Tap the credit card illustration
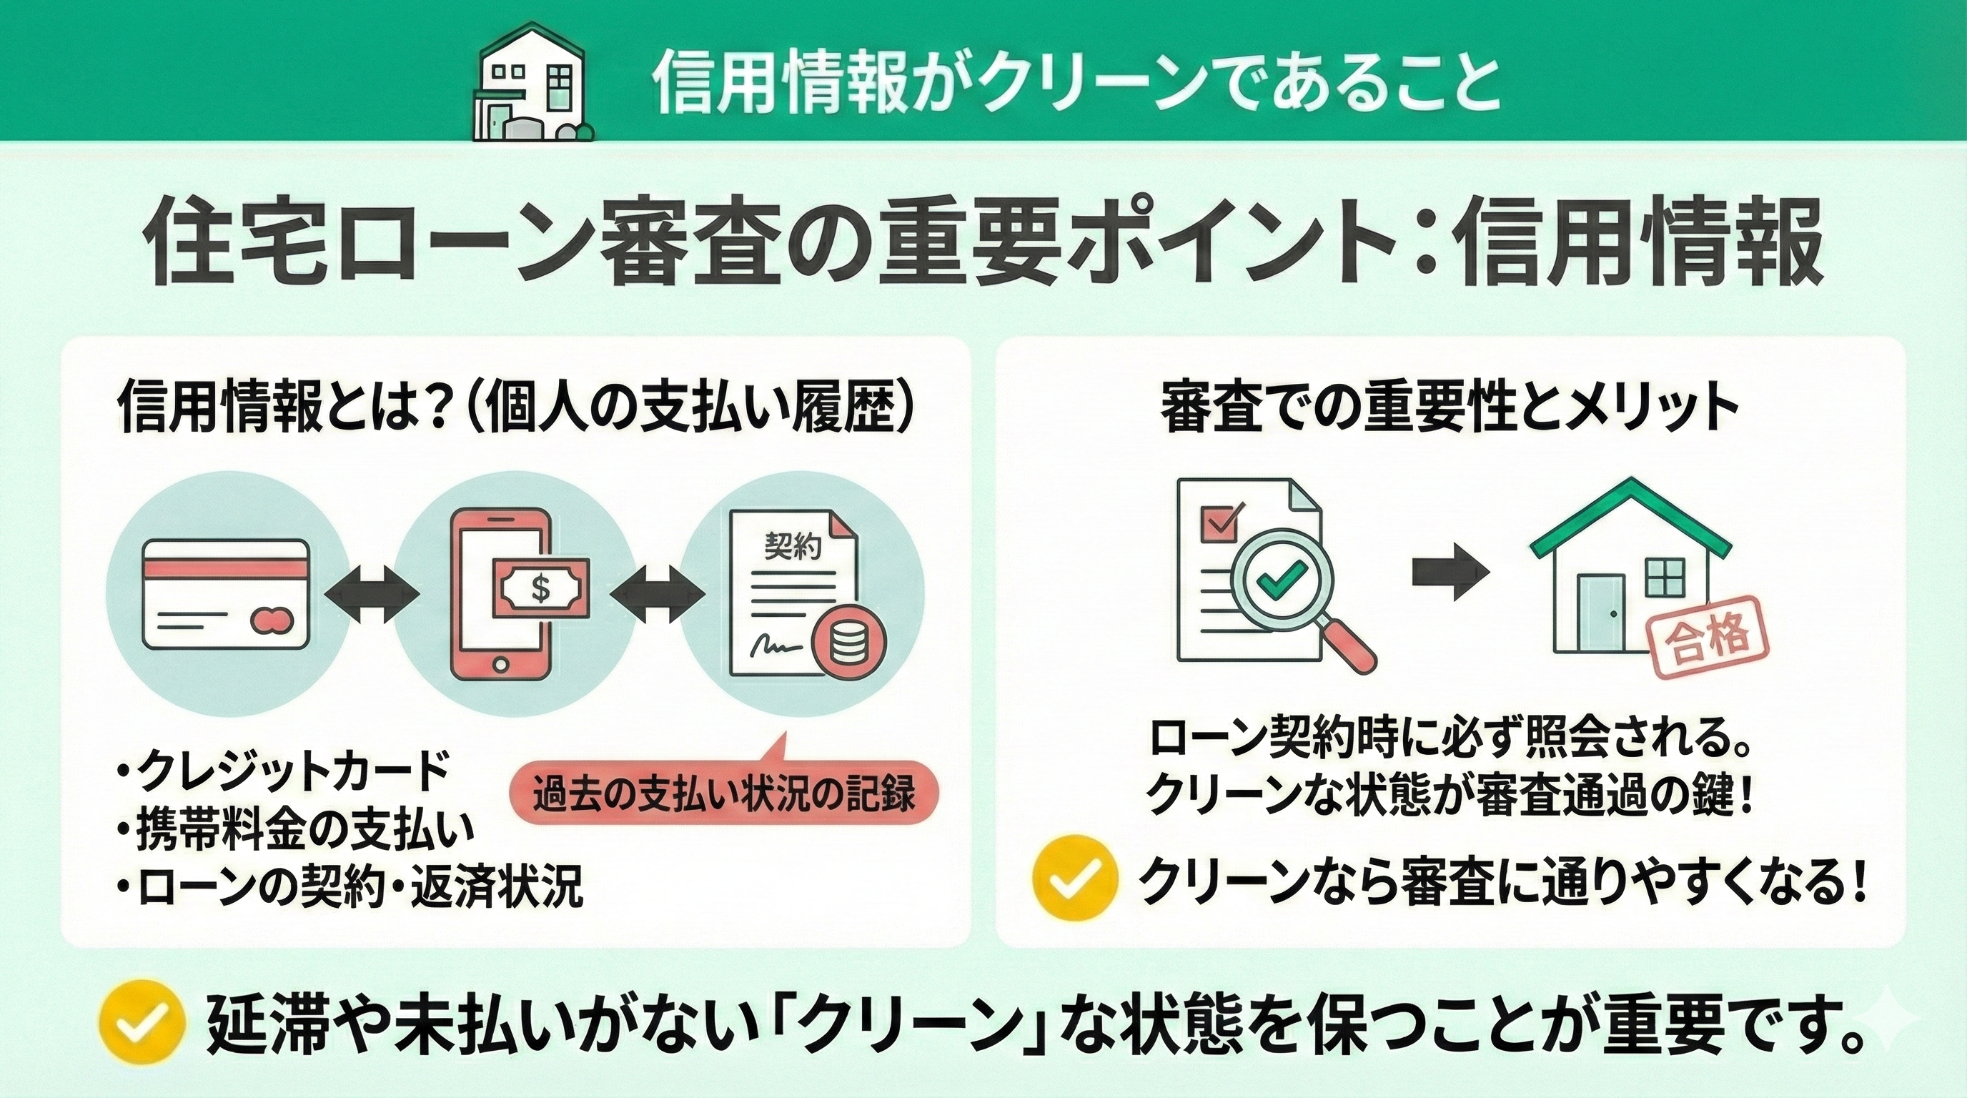[225, 595]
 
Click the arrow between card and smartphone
[371, 594]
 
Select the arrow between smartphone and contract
[658, 594]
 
